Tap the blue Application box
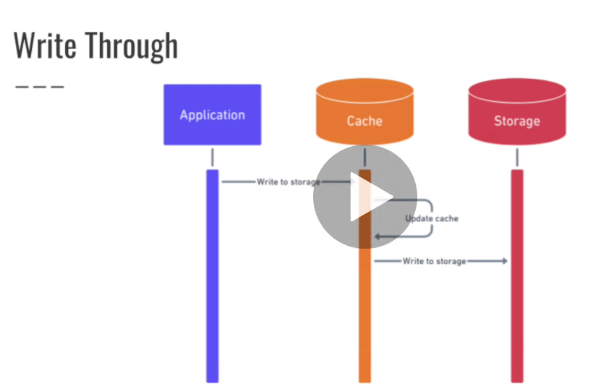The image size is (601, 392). (x=212, y=114)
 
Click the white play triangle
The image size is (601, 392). (x=367, y=197)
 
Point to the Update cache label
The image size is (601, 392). (x=431, y=218)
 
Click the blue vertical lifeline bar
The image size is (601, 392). (x=212, y=289)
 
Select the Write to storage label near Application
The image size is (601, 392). (x=288, y=182)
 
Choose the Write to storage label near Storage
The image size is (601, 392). (x=434, y=260)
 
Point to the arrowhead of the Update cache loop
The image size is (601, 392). (x=378, y=237)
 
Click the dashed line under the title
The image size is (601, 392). (x=39, y=87)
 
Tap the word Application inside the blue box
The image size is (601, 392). (x=212, y=115)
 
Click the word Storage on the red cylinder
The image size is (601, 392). (x=516, y=121)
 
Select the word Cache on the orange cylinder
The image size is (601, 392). (x=365, y=121)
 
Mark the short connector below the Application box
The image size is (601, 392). (x=212, y=157)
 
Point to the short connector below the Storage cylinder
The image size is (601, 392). (x=516, y=157)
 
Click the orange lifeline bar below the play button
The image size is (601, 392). (x=365, y=318)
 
